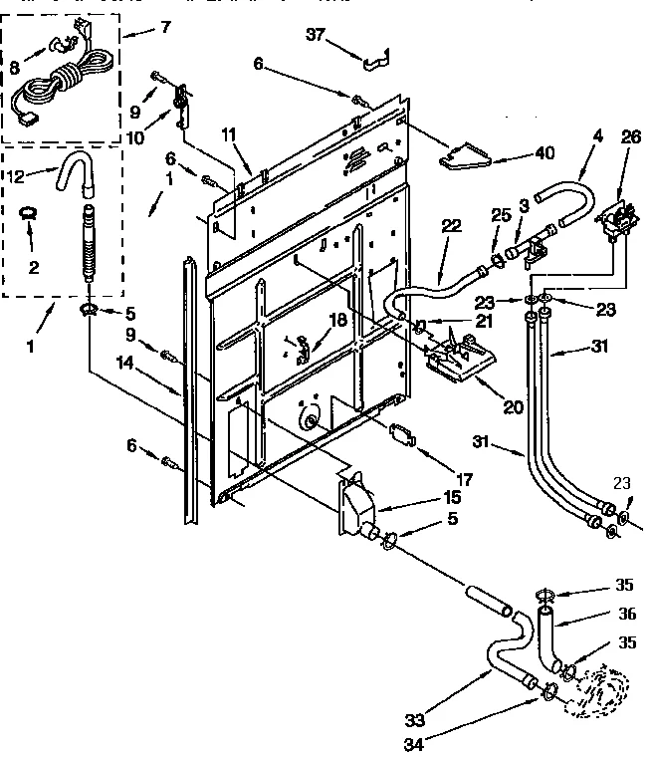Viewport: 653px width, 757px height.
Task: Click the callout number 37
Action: tap(315, 35)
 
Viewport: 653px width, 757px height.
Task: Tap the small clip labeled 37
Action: tap(372, 63)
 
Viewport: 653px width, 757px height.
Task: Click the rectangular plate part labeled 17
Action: tap(403, 434)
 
